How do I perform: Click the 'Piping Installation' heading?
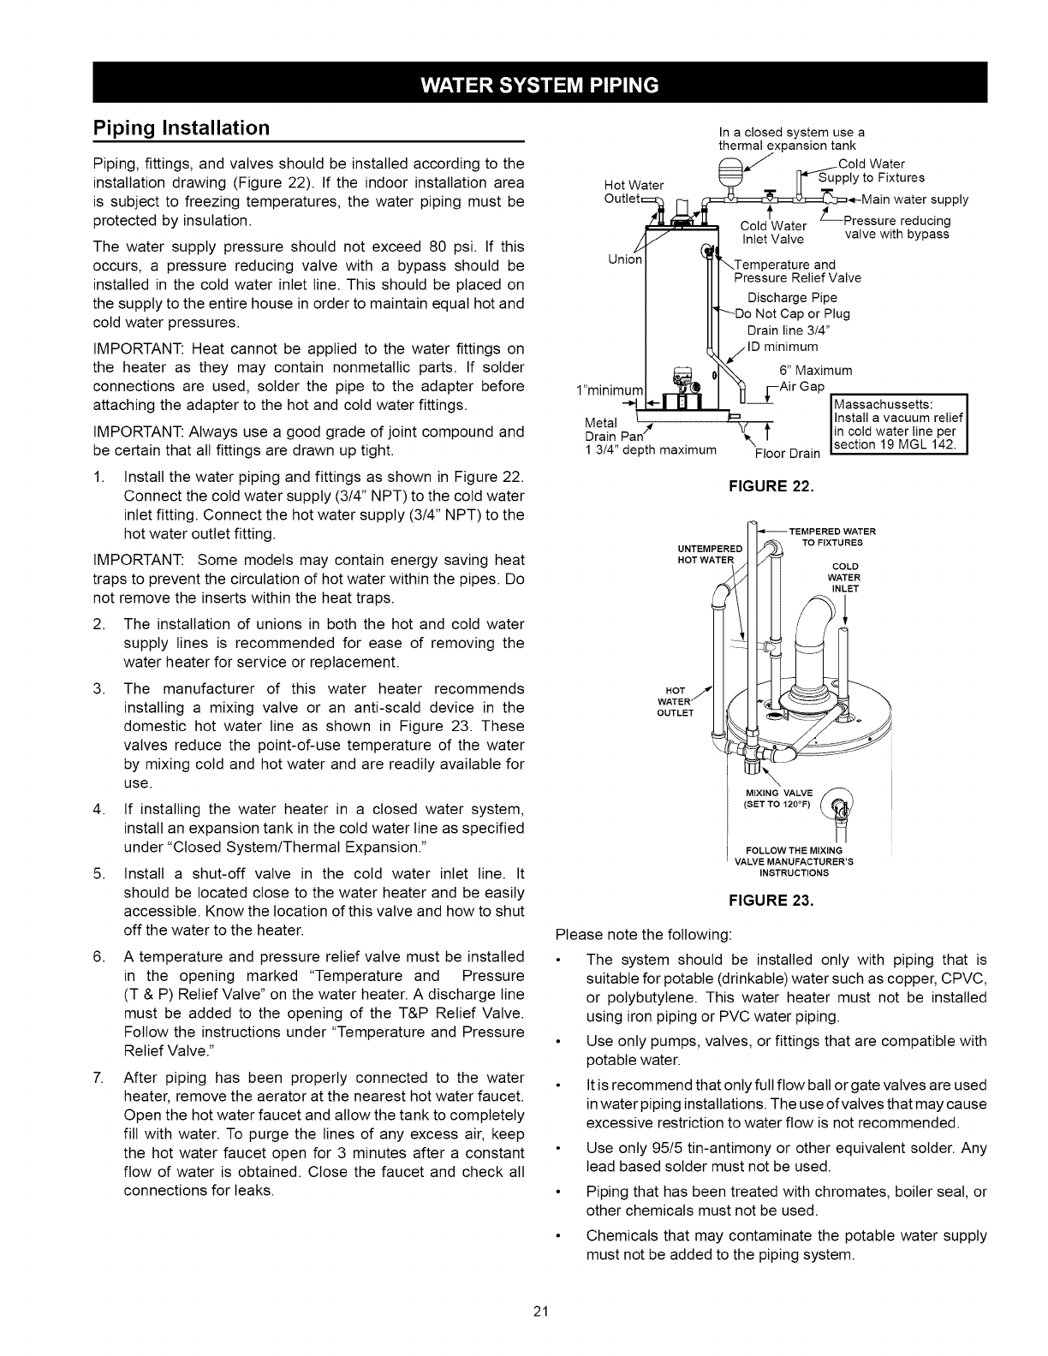coord(181,128)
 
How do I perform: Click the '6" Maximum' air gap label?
coord(814,371)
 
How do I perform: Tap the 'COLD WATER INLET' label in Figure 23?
coord(843,577)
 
